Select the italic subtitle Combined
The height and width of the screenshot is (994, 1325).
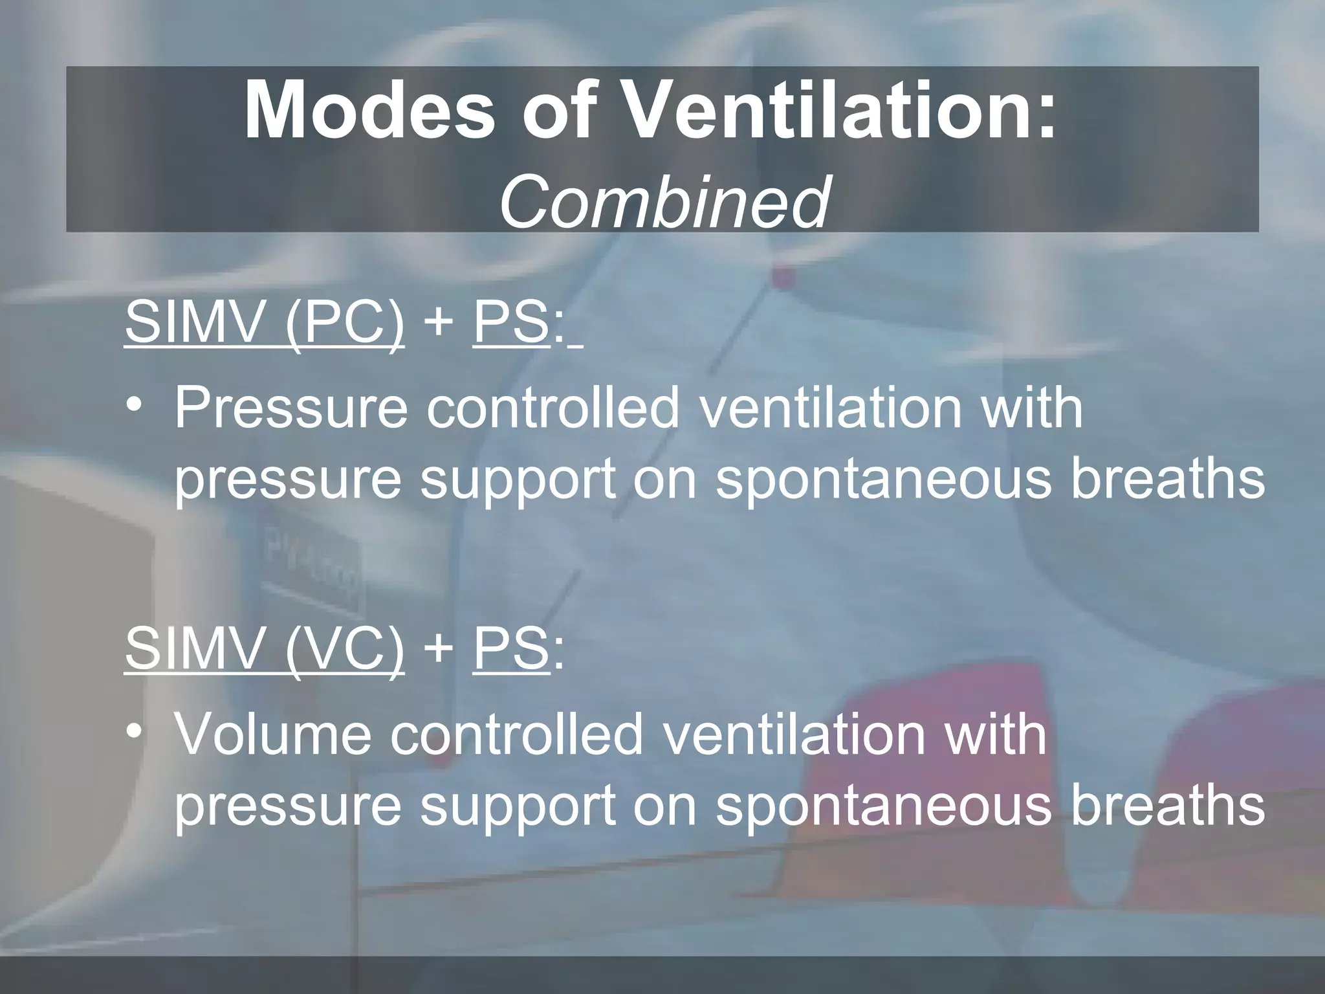click(664, 202)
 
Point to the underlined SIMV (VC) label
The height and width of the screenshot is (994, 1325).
click(265, 648)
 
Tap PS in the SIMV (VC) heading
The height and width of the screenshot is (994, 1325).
click(510, 648)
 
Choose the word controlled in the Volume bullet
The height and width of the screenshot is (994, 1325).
click(517, 734)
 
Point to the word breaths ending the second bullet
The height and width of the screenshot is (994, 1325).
click(1168, 806)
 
